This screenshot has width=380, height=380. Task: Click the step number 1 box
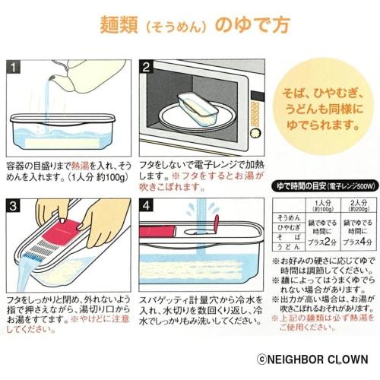click(14, 67)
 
